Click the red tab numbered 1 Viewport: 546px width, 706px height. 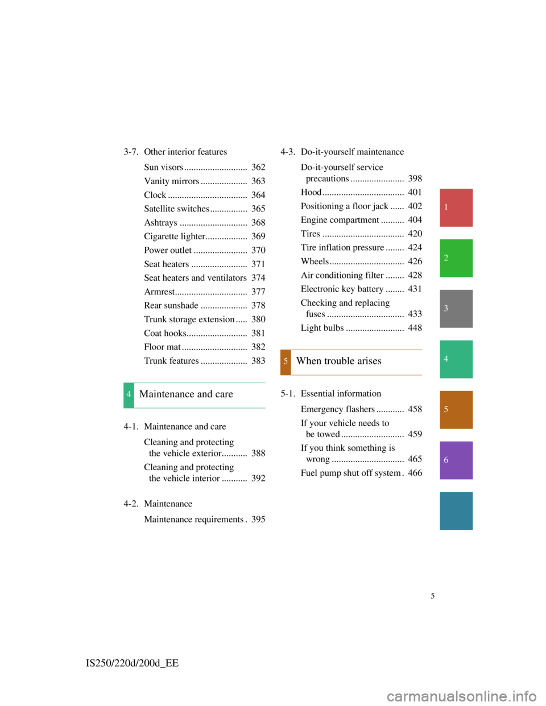(456, 207)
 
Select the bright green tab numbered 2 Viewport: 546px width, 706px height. (456, 258)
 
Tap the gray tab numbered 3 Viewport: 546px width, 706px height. (456, 309)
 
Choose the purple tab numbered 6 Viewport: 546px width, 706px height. (456, 460)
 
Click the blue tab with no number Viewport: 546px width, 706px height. (456, 510)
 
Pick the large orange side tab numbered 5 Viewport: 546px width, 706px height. (456, 410)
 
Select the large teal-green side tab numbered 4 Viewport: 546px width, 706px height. (456, 359)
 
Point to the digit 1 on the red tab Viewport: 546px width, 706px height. (446, 207)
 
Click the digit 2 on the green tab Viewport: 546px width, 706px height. (446, 258)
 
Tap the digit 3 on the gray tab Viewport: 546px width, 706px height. (446, 309)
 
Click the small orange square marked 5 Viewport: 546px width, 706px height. (286, 362)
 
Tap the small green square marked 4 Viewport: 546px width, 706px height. (129, 395)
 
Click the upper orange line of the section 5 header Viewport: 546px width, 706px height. (357, 350)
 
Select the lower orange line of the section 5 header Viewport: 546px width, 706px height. (357, 375)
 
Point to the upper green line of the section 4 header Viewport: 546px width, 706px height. (200, 383)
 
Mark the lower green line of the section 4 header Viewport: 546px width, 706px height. (200, 408)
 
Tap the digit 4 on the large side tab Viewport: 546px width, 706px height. (446, 359)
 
